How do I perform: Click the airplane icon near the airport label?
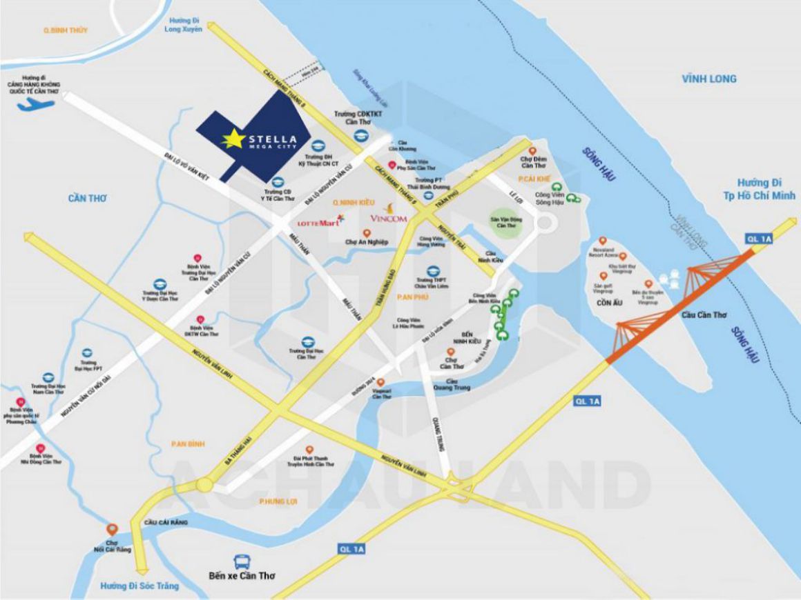click(32, 104)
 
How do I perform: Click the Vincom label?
click(389, 219)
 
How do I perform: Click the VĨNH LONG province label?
click(709, 79)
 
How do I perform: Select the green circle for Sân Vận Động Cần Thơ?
click(503, 221)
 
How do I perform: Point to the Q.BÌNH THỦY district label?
click(65, 31)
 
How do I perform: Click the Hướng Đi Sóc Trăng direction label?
click(139, 586)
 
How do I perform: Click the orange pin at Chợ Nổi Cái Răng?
click(113, 530)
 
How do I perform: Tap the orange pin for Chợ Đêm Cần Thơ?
click(531, 151)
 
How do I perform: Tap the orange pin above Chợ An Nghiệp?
click(367, 233)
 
